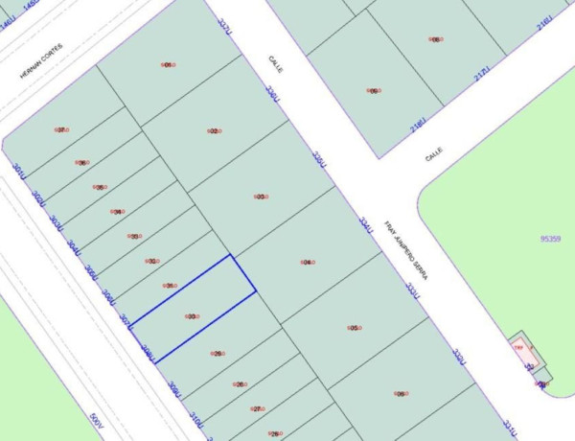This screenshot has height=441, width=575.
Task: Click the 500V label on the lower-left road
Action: pyautogui.click(x=94, y=421)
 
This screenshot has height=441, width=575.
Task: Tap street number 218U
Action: pyautogui.click(x=418, y=128)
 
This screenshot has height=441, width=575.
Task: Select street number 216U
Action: pyautogui.click(x=545, y=22)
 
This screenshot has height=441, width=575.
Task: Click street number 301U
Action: pyautogui.click(x=17, y=170)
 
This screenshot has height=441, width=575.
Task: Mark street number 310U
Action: pyautogui.click(x=195, y=419)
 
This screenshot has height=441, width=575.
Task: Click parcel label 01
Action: pyautogui.click(x=168, y=64)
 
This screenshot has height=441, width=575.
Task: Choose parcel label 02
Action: pyautogui.click(x=214, y=131)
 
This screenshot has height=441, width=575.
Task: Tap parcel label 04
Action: pyautogui.click(x=307, y=262)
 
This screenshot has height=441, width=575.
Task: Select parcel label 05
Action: pyautogui.click(x=354, y=328)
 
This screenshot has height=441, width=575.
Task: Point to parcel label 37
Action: pyautogui.click(x=61, y=129)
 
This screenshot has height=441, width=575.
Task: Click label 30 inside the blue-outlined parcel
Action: pyautogui.click(x=193, y=316)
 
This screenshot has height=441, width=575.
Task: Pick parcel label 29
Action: pyautogui.click(x=218, y=354)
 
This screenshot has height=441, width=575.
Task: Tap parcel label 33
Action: pyautogui.click(x=135, y=236)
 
